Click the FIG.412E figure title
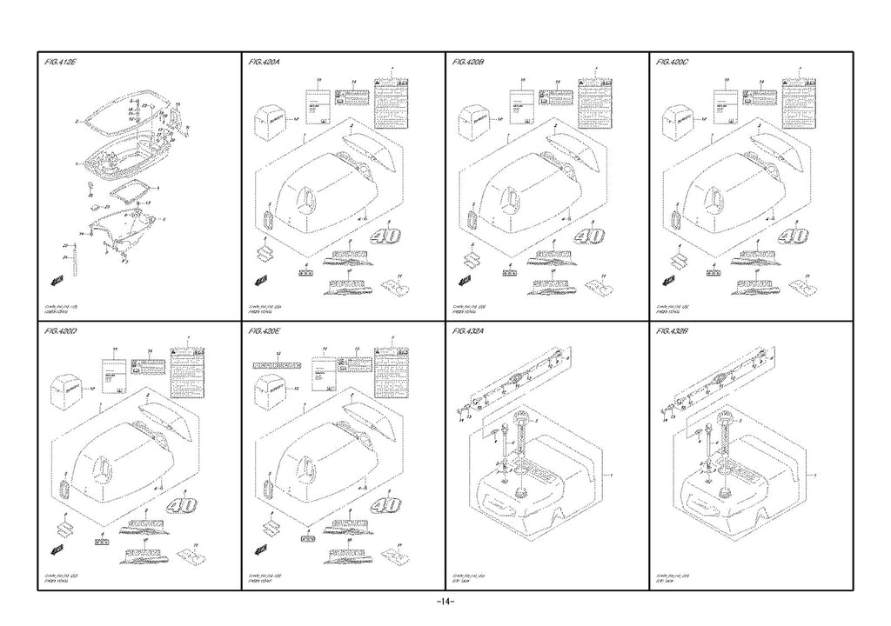click(62, 63)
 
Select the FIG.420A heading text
click(265, 63)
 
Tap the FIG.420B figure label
click(470, 63)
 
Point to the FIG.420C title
click(674, 63)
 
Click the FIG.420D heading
click(62, 331)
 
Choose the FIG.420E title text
click(265, 331)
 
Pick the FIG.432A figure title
click(470, 331)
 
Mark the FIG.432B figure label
click(674, 331)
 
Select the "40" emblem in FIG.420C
click(793, 236)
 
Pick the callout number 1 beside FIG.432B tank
click(814, 476)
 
